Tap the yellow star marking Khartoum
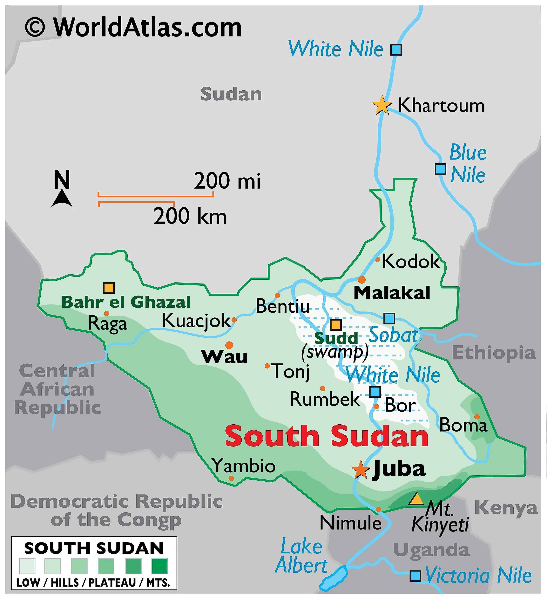click(382, 105)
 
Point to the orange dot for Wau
click(229, 345)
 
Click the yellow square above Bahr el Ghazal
click(109, 288)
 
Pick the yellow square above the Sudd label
click(336, 324)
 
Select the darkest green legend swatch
click(159, 566)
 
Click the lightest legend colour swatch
click(27, 566)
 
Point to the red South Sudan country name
click(327, 436)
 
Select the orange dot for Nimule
click(378, 509)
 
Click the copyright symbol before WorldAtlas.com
click(35, 27)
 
